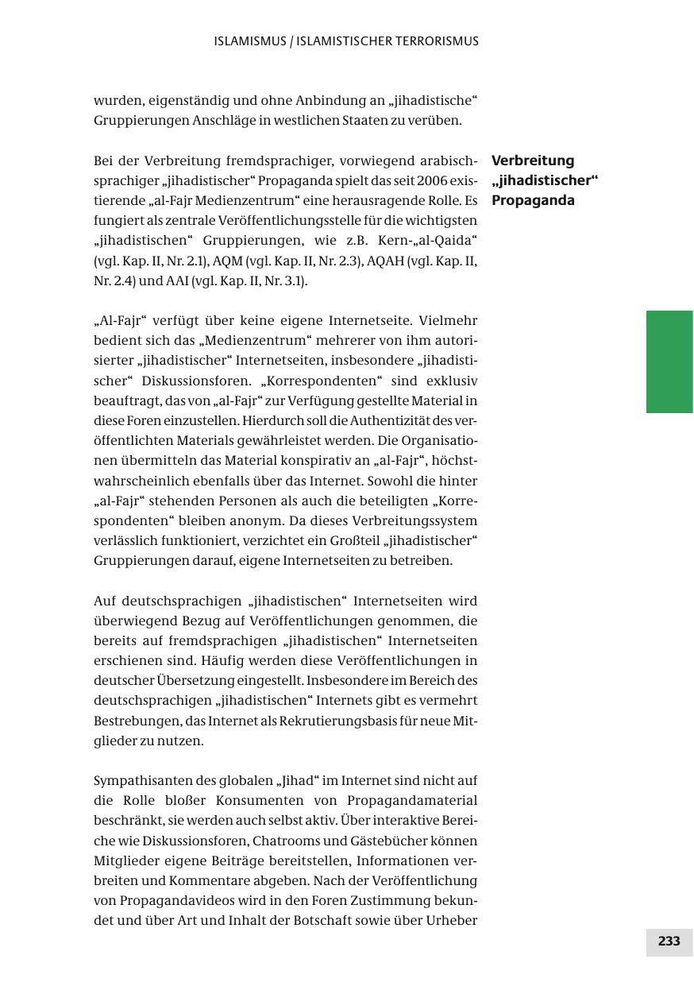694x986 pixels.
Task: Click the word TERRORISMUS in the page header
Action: (x=435, y=41)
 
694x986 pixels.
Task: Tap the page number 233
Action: (x=669, y=942)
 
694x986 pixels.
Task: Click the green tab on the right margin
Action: (x=669, y=362)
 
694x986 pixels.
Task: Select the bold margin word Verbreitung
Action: (x=533, y=160)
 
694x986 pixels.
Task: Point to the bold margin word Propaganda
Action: (x=533, y=200)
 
